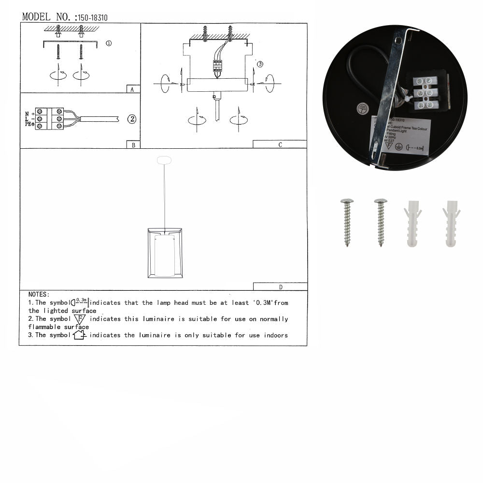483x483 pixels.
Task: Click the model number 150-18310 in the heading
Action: click(92, 18)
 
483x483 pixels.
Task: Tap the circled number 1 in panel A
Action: click(109, 43)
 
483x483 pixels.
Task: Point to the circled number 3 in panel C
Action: click(260, 64)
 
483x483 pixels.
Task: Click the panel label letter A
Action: click(132, 89)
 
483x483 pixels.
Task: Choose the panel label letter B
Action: click(132, 144)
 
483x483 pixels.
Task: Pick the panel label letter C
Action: click(280, 144)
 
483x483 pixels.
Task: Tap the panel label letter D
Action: click(281, 287)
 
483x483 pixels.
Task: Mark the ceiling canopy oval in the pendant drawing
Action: click(165, 160)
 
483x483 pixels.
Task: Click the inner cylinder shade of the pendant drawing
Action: click(165, 256)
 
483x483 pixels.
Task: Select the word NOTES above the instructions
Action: click(39, 294)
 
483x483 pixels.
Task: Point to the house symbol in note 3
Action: click(79, 335)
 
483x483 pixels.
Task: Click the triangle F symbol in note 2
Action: click(80, 319)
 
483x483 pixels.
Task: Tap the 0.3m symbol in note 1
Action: click(81, 303)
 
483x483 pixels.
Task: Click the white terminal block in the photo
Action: click(426, 93)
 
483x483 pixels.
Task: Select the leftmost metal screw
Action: click(347, 222)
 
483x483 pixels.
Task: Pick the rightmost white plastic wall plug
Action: click(451, 222)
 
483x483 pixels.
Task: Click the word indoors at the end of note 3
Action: click(276, 335)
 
